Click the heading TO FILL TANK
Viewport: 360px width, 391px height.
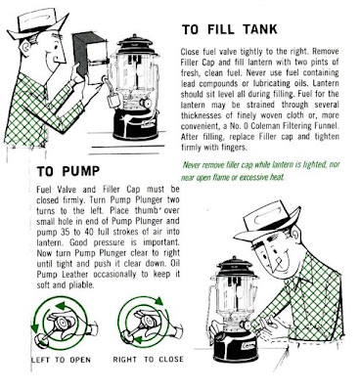coord(230,29)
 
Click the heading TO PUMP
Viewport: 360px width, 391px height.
coord(68,171)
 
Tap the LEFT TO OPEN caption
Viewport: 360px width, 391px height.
coord(61,360)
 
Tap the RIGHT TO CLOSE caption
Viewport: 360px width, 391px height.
coord(149,360)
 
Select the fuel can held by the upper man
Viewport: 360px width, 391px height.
coord(90,58)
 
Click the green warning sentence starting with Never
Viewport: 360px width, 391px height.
coord(261,171)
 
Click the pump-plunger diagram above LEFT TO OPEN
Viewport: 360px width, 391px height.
coord(62,323)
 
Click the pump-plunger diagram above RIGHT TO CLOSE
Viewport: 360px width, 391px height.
coord(147,321)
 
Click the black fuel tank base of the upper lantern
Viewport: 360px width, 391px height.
coord(135,124)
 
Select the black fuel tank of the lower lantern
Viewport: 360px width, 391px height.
coord(234,348)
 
